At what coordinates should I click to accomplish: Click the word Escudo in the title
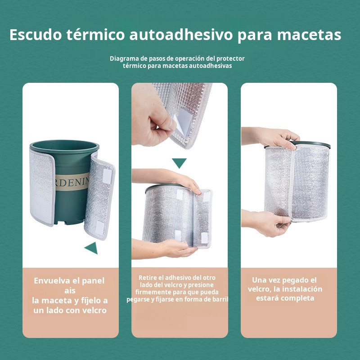36,35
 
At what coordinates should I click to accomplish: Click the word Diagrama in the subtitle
124,58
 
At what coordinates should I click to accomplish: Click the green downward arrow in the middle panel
179,163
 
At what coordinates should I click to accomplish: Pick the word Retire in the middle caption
148,278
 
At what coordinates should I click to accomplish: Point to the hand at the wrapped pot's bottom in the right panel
270,223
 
